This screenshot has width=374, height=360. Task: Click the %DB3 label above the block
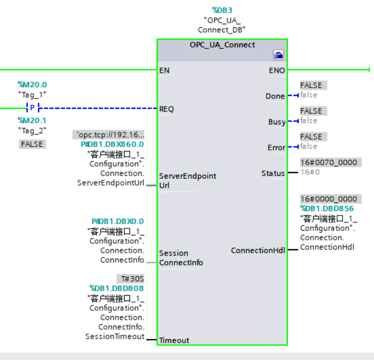(x=222, y=10)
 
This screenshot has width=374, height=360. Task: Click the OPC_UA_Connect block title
(x=222, y=44)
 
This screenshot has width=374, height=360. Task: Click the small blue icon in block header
(x=278, y=55)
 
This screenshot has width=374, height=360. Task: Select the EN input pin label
(x=165, y=70)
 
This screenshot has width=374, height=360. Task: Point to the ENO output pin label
(x=276, y=70)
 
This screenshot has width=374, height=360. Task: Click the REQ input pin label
(x=166, y=109)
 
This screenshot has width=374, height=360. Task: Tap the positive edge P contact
(x=32, y=107)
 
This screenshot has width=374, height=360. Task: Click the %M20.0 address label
(x=32, y=84)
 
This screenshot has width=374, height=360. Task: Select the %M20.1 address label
(x=32, y=120)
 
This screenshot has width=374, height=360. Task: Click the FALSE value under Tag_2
(x=32, y=144)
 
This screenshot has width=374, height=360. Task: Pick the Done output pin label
(x=275, y=96)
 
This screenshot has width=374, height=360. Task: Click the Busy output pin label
(x=276, y=122)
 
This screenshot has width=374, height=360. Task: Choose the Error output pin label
(x=276, y=148)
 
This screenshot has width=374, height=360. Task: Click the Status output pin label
(x=273, y=173)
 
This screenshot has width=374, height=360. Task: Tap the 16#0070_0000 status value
(x=331, y=162)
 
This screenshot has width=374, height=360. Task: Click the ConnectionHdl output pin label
(x=257, y=250)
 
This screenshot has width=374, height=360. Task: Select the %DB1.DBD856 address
(x=326, y=208)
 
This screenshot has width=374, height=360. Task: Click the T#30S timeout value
(x=131, y=279)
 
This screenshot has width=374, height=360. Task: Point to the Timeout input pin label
(x=174, y=341)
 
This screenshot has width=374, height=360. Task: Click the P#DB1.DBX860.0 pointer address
(x=112, y=144)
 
